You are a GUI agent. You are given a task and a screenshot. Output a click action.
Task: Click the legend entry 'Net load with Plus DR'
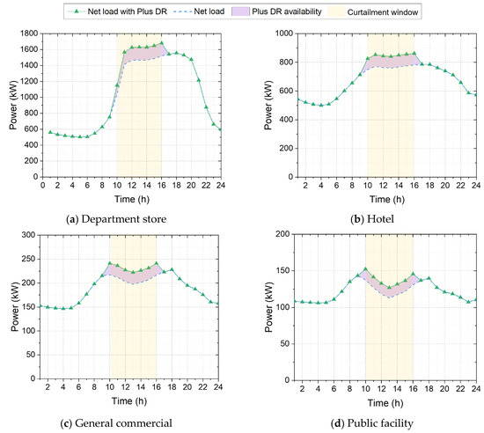point(117,11)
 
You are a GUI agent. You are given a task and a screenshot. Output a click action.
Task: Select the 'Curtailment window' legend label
point(383,12)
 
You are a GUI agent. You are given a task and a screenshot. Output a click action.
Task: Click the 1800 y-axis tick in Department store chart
point(29,33)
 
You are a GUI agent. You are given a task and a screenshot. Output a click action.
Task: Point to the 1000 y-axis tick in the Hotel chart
point(284,33)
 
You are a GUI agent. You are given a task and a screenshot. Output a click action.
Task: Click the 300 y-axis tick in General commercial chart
point(29,235)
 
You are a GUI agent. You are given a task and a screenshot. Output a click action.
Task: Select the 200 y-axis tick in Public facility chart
point(282,234)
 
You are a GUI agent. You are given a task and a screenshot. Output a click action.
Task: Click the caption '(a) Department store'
point(116,219)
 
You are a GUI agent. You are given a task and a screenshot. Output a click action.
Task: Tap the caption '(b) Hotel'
point(372,219)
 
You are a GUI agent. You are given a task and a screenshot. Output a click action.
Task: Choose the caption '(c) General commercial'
point(116,423)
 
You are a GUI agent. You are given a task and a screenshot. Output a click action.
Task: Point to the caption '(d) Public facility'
point(372,423)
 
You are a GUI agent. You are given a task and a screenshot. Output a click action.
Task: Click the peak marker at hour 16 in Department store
point(161,43)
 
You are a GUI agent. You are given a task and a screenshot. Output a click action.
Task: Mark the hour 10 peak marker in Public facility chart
point(366,268)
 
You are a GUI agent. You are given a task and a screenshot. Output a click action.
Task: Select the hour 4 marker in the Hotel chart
point(321,105)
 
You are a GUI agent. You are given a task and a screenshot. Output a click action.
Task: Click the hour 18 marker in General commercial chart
point(172,269)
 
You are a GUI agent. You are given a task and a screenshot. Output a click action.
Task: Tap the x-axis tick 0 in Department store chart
point(42,185)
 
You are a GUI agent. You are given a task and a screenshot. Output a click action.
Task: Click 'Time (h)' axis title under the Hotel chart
point(387,200)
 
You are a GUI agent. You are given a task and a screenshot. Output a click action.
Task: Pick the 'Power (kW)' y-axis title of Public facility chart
point(269,307)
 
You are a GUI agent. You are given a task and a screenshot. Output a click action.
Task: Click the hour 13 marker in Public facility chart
point(389,287)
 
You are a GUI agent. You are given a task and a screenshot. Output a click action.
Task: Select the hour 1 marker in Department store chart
point(50,132)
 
